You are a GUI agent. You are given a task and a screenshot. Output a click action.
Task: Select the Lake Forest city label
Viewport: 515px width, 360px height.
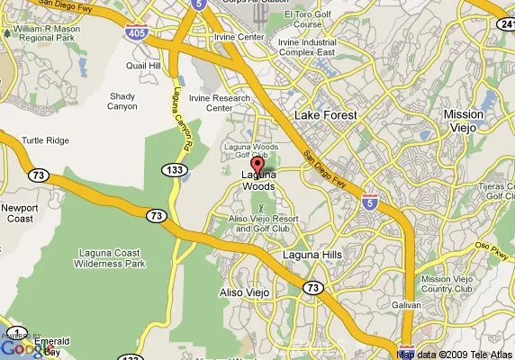(326, 115)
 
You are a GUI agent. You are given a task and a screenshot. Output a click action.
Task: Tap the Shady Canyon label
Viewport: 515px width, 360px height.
(122, 101)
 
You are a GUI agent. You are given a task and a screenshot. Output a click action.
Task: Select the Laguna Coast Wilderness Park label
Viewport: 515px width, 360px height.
(99, 258)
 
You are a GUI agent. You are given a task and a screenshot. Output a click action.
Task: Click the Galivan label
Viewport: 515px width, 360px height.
(406, 305)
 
